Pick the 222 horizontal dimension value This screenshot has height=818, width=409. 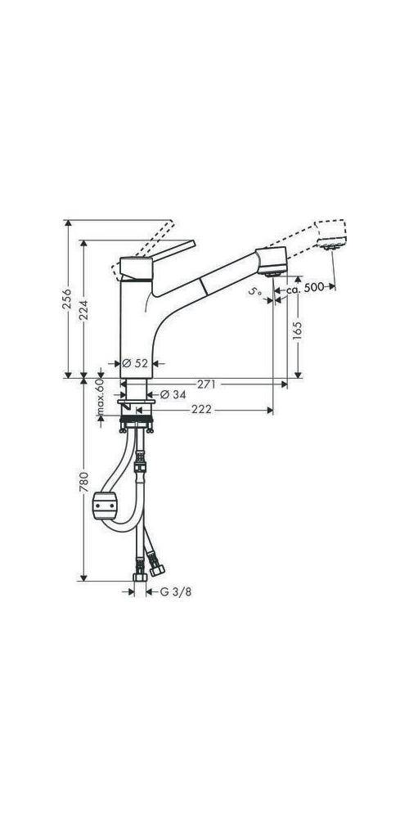point(204,411)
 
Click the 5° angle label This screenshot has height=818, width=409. point(255,290)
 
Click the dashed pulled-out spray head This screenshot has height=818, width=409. point(330,236)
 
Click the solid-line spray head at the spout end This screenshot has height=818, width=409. point(272,263)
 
